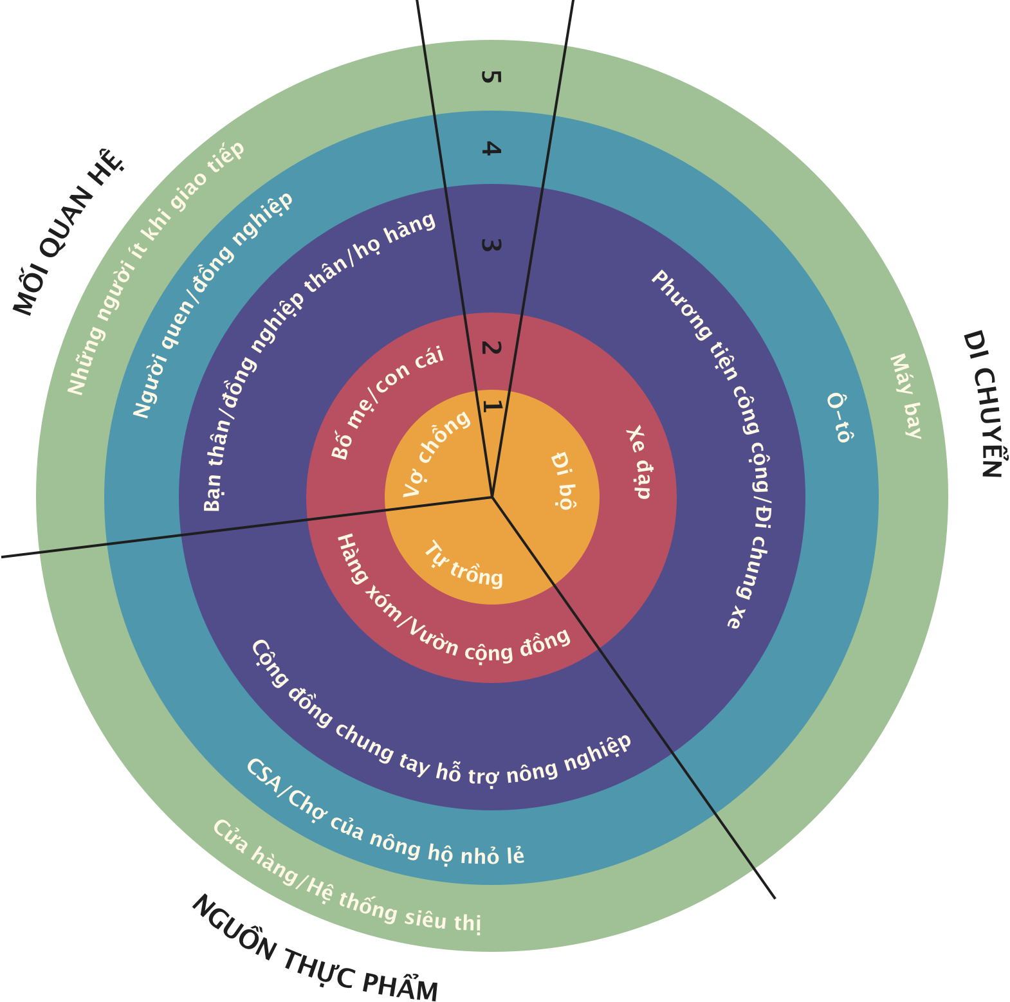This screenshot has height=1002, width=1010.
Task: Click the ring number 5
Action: [x=491, y=77]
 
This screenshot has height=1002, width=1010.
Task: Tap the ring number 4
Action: [x=491, y=149]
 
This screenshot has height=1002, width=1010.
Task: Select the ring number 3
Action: [x=491, y=245]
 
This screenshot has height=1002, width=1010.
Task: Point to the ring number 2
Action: [x=491, y=348]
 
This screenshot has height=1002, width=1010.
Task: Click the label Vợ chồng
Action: [x=437, y=453]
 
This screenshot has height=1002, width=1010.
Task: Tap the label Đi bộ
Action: [x=563, y=480]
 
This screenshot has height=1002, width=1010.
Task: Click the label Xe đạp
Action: [x=639, y=462]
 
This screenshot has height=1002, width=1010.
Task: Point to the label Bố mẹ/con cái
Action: [x=387, y=403]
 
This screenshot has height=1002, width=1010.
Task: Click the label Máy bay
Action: [x=906, y=396]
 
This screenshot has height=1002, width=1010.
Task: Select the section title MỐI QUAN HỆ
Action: [x=68, y=233]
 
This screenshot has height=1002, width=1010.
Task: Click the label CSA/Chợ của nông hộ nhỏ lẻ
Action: [x=384, y=817]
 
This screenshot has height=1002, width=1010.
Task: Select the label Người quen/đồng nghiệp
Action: [x=212, y=304]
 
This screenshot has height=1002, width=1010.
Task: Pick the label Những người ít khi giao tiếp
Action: [x=155, y=268]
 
